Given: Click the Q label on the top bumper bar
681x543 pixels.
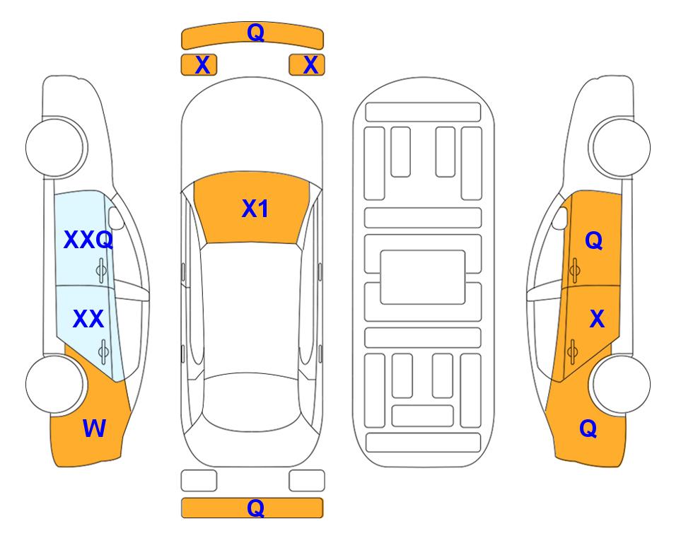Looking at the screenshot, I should click(255, 33).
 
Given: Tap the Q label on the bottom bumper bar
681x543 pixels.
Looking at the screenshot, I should click(255, 508).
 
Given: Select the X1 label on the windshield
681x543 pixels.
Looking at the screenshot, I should click(255, 209).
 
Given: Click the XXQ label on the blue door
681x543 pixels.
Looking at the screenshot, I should click(88, 240).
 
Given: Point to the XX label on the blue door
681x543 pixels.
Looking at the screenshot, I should click(88, 320).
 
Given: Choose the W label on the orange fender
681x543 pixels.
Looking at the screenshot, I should click(94, 428).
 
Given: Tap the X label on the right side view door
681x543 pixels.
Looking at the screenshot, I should click(597, 320).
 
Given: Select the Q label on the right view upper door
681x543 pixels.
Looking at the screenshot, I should click(594, 241).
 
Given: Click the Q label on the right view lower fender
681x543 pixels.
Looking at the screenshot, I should click(588, 428).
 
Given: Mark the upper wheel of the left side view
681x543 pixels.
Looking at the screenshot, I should click(55, 147).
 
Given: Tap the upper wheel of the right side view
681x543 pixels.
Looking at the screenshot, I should click(621, 147).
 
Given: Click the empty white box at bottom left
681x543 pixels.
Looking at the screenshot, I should click(199, 481).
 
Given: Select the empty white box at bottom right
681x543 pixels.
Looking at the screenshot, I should click(307, 481).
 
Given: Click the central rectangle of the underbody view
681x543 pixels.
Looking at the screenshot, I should click(423, 276).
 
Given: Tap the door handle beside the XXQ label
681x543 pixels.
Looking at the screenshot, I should click(102, 269).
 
